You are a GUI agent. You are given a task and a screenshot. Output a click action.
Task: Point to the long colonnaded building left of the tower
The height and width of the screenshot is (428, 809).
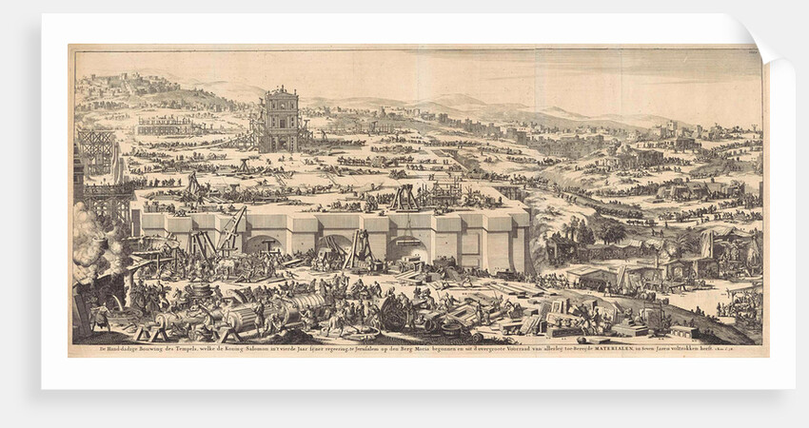[x=167, y=126]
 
